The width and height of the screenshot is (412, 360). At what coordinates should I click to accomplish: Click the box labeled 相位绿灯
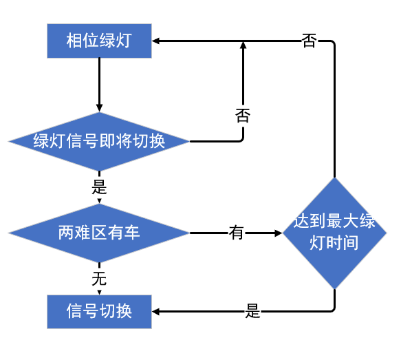click(x=99, y=41)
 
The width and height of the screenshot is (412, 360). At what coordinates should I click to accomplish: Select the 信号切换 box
click(x=99, y=312)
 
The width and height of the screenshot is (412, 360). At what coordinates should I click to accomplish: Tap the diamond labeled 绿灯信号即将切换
click(x=99, y=142)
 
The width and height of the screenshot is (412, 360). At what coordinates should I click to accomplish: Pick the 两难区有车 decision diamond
click(x=99, y=233)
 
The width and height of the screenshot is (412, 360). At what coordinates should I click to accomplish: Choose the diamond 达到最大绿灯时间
click(x=334, y=233)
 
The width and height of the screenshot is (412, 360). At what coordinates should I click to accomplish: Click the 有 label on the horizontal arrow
click(x=236, y=233)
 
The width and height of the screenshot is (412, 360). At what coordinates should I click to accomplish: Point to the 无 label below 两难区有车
click(x=99, y=279)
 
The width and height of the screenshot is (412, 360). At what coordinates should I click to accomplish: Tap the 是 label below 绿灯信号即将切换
click(x=99, y=187)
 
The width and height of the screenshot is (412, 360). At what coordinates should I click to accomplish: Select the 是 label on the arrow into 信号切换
click(x=252, y=311)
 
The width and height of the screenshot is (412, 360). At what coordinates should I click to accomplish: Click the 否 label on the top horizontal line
click(x=309, y=41)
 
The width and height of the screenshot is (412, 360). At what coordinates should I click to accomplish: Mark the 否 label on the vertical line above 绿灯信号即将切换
click(x=243, y=116)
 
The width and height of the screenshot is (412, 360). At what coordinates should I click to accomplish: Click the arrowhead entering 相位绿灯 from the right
click(x=155, y=41)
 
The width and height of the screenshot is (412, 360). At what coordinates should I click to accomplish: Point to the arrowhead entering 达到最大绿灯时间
click(x=279, y=233)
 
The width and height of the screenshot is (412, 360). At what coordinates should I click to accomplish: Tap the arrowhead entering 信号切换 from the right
click(x=155, y=312)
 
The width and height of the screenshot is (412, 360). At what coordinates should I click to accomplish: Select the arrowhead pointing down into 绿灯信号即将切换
click(x=99, y=108)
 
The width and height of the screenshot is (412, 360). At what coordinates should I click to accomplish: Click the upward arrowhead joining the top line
click(x=243, y=45)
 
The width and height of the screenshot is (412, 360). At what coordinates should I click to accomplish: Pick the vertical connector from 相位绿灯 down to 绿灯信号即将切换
click(x=99, y=85)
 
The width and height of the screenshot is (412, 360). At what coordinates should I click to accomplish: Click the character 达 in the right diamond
click(x=301, y=221)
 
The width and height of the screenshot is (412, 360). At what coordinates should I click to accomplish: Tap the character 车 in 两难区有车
click(x=131, y=233)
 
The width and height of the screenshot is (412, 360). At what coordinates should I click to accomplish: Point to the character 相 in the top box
click(x=74, y=41)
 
